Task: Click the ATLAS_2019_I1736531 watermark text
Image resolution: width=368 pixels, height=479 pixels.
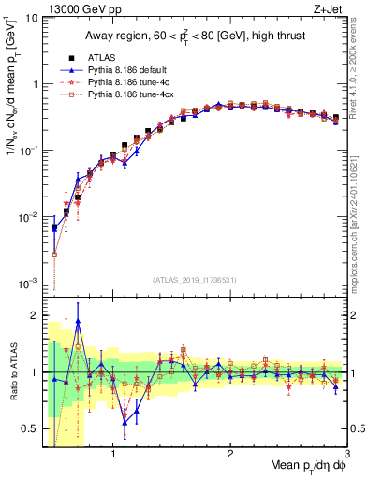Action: [195, 280]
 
